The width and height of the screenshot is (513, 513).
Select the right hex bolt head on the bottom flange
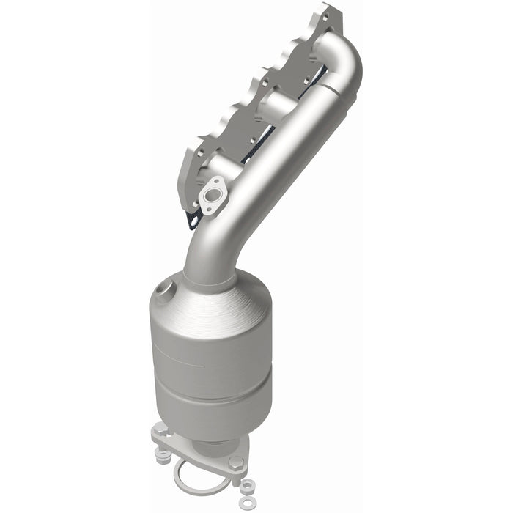click(x=235, y=463)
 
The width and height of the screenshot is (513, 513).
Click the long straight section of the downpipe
click(x=271, y=169)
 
